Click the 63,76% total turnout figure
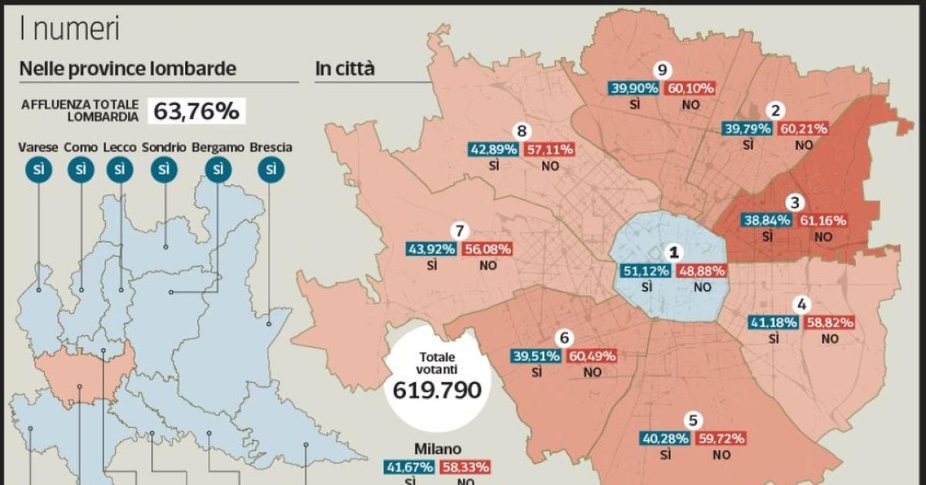coord(196,110)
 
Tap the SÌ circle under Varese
coord(38,169)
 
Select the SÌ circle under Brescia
coord(270,169)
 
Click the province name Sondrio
coord(163,147)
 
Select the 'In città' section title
coord(344,69)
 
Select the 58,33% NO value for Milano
coord(465,467)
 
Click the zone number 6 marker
coord(565,337)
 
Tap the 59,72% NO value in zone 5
coord(721,439)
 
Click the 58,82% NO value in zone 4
coord(830,322)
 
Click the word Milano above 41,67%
coord(438,448)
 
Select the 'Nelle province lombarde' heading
coord(127,69)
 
